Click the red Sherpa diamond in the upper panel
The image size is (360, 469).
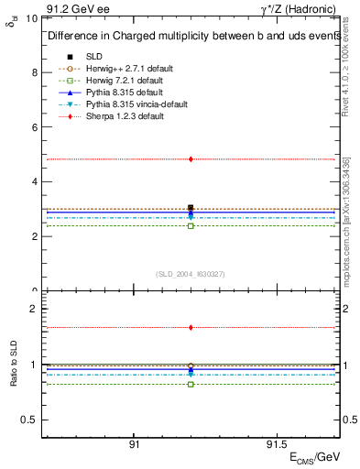point(191,159)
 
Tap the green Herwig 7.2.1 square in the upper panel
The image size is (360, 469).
point(191,225)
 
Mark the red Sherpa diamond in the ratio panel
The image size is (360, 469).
point(191,327)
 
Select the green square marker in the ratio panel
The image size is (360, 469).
point(191,384)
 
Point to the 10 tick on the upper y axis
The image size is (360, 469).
point(32,18)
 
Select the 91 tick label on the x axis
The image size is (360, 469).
point(134,443)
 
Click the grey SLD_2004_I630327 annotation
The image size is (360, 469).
point(191,274)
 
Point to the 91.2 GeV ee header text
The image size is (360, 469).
point(71,7)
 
